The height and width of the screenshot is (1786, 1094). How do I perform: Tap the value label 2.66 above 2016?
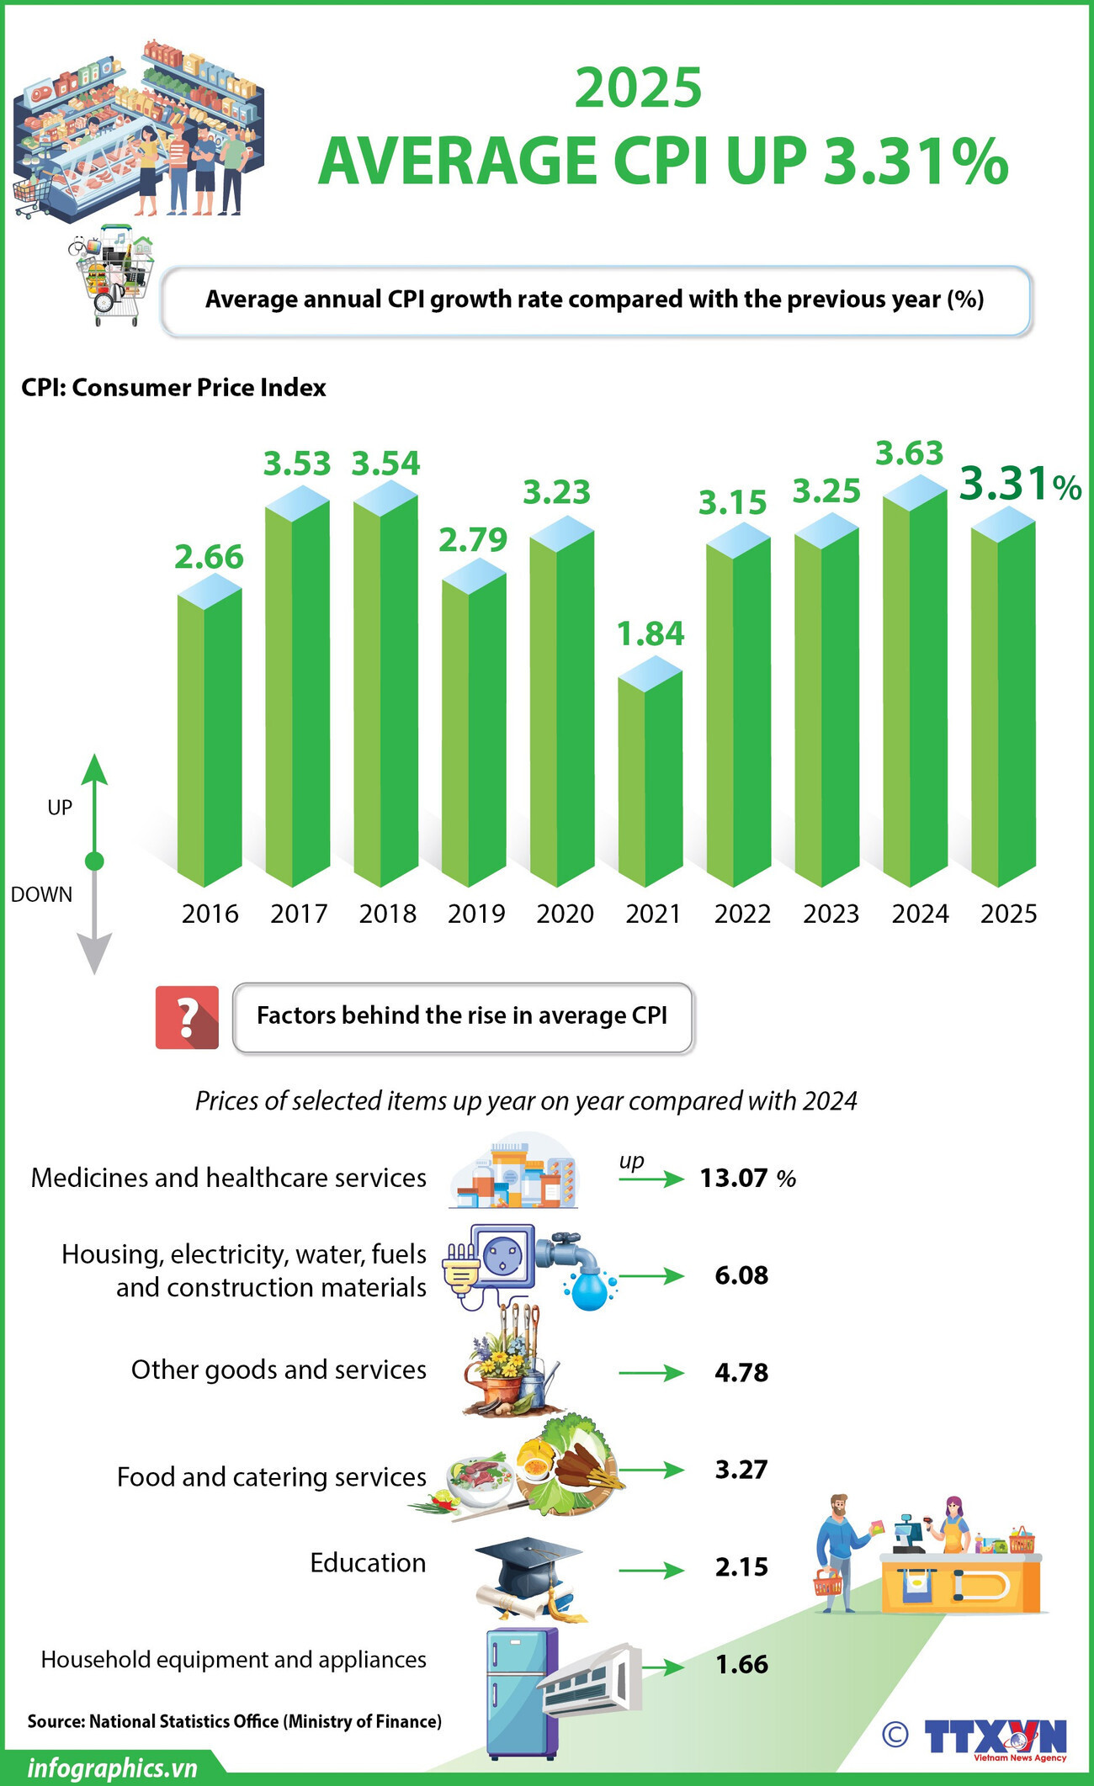pyautogui.click(x=209, y=557)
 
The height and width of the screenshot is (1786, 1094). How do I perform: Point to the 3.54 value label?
pyautogui.click(x=385, y=464)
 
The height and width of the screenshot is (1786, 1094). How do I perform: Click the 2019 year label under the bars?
pyautogui.click(x=476, y=914)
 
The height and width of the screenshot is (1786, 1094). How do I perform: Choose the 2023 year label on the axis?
pyautogui.click(x=831, y=914)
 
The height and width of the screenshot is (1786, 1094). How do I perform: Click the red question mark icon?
pyautogui.click(x=187, y=1017)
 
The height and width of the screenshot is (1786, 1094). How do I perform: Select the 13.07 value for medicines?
pyautogui.click(x=733, y=1178)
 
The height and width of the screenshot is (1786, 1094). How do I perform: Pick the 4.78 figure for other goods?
pyautogui.click(x=741, y=1372)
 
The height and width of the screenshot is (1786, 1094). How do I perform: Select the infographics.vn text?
pyautogui.click(x=112, y=1767)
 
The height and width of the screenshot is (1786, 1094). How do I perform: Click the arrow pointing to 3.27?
pyautogui.click(x=651, y=1470)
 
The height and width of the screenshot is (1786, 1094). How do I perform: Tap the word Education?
pyautogui.click(x=368, y=1562)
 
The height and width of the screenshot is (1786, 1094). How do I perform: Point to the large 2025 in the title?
pyautogui.click(x=638, y=88)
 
